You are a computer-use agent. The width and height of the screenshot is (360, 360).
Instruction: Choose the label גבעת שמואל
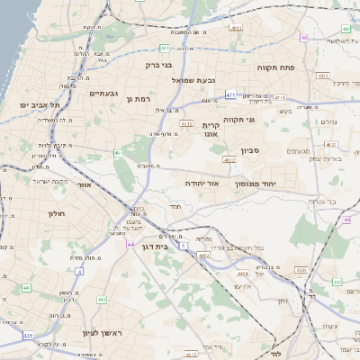click(x=193, y=79)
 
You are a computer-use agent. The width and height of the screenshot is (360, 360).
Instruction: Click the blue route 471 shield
click(x=230, y=94)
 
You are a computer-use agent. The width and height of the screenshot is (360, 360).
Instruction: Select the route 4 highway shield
click(x=79, y=270)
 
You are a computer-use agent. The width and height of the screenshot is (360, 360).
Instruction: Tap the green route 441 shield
click(x=27, y=288)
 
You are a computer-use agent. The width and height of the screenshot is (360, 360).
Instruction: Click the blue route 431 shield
click(x=27, y=336)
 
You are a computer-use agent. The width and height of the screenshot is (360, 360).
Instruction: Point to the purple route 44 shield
click(x=130, y=244)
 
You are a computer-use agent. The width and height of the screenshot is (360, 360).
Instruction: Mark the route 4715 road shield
click(x=279, y=97)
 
